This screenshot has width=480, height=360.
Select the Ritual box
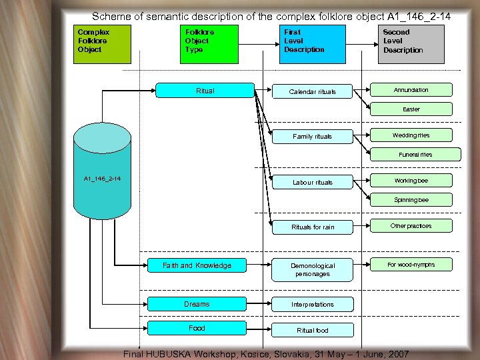pyautogui.click(x=205, y=91)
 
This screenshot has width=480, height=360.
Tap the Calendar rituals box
pyautogui.click(x=313, y=91)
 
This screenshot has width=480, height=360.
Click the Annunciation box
pyautogui.click(x=411, y=90)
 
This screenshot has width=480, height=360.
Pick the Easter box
pyautogui.click(x=411, y=109)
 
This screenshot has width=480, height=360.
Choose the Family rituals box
pyautogui.click(x=313, y=137)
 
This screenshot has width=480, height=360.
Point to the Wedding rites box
pyautogui.click(x=411, y=135)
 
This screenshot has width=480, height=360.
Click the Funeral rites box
pyautogui.click(x=415, y=155)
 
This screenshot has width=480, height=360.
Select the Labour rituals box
pyautogui.click(x=313, y=182)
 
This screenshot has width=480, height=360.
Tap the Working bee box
pyautogui.click(x=411, y=181)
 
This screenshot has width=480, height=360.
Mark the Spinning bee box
pyautogui.click(x=411, y=200)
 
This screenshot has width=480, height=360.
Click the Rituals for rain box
pyautogui.click(x=313, y=227)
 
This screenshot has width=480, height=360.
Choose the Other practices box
pyautogui.click(x=411, y=226)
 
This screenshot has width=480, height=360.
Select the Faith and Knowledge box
pyautogui.click(x=197, y=265)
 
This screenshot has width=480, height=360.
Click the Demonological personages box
pyautogui.click(x=313, y=269)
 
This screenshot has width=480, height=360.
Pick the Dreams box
pyautogui.click(x=197, y=304)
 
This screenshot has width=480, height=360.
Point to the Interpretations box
pyautogui.click(x=313, y=305)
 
